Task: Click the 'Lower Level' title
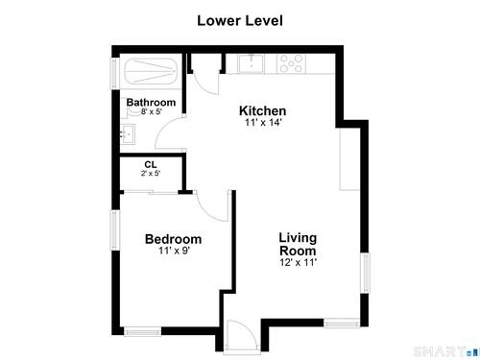(240, 21)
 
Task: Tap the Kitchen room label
(263, 110)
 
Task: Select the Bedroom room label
(173, 239)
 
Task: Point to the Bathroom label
(151, 103)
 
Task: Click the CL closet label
(151, 165)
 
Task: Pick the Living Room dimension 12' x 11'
(299, 262)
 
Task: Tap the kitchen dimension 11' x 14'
(263, 122)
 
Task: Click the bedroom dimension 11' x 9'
(175, 251)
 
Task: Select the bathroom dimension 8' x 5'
(152, 111)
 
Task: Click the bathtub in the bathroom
(151, 71)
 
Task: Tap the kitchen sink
(252, 63)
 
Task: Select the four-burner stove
(291, 63)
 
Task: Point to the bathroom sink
(128, 134)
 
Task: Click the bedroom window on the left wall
(114, 230)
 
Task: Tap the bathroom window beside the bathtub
(114, 73)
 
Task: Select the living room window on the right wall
(365, 273)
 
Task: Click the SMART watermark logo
(445, 352)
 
